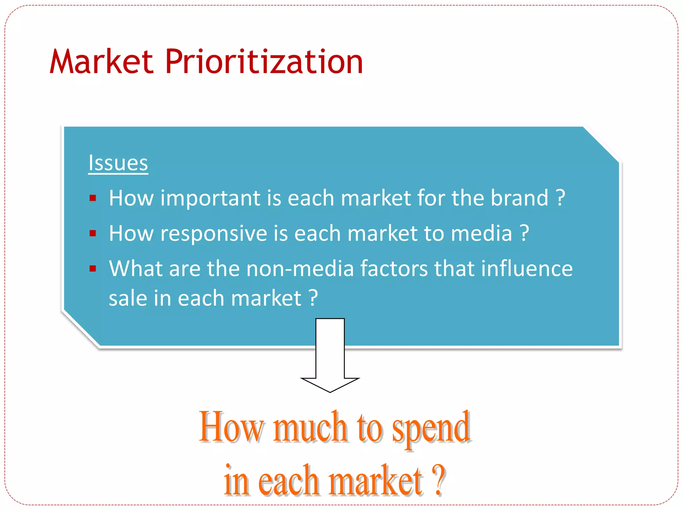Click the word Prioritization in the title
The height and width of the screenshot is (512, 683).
[264, 62]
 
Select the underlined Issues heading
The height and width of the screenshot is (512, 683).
[118, 163]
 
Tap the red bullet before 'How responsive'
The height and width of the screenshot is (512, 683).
[93, 234]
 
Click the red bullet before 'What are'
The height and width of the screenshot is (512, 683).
[93, 269]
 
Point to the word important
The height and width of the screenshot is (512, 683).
[210, 198]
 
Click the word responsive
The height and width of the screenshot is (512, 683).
[214, 233]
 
